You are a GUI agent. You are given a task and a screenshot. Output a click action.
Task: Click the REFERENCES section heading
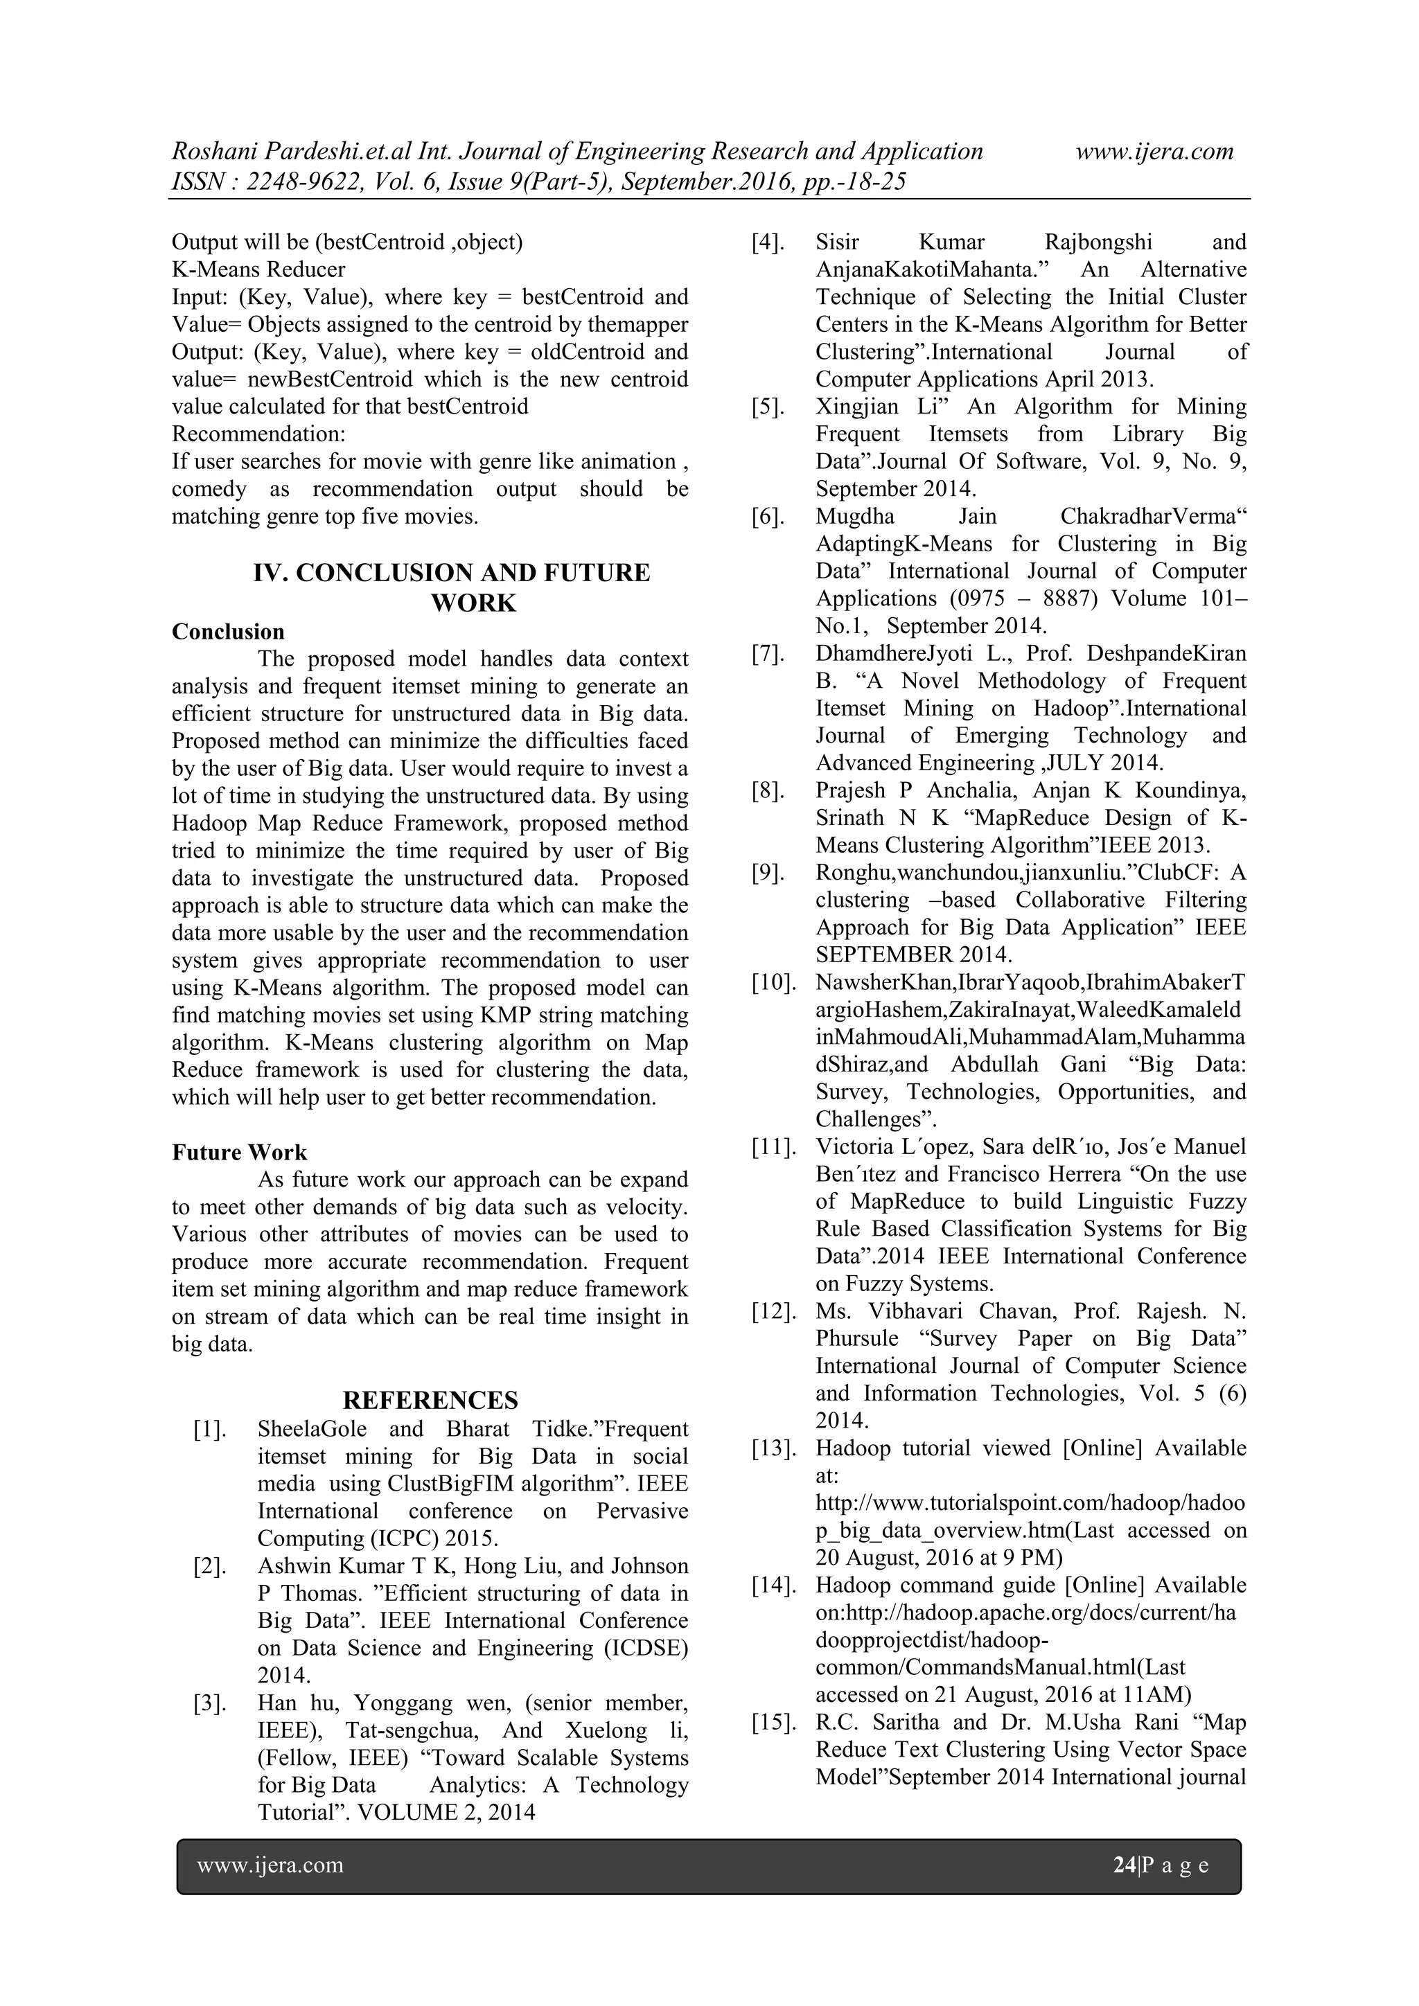(x=430, y=1400)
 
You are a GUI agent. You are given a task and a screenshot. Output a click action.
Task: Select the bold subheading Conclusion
(x=228, y=632)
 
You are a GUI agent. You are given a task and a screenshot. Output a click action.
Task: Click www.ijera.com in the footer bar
(x=270, y=1865)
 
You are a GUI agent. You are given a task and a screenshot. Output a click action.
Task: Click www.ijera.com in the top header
(x=1154, y=151)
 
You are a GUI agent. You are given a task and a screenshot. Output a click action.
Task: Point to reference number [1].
(x=210, y=1430)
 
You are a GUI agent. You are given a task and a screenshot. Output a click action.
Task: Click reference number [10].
(x=773, y=982)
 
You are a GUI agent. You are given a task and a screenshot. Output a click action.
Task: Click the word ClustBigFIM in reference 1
(x=452, y=1484)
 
